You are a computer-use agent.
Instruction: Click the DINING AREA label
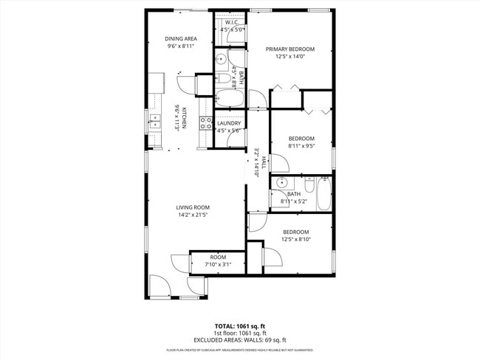(180, 38)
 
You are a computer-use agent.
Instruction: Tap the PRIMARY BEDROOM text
(290, 49)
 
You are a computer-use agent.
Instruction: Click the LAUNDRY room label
(229, 123)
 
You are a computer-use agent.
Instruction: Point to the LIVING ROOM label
(193, 207)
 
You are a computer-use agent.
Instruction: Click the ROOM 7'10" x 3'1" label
(217, 257)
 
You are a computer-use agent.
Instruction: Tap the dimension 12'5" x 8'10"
(295, 239)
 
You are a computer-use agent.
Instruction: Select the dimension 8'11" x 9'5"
(301, 145)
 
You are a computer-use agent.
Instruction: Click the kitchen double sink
(154, 121)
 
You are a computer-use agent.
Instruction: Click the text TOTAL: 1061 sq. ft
(239, 325)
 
